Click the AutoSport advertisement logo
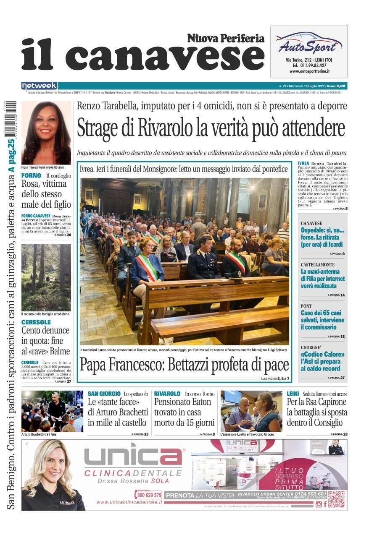(x=308, y=44)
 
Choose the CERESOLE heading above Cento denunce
(x=36, y=322)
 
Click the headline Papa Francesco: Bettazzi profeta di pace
(x=184, y=365)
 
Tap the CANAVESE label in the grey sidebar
(x=311, y=223)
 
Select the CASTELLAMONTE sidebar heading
(x=318, y=265)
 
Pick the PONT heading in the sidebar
(x=307, y=306)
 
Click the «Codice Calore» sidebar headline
(x=322, y=354)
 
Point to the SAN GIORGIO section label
(x=104, y=394)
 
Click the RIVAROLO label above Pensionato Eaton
(x=167, y=394)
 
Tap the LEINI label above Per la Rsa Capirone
(x=293, y=394)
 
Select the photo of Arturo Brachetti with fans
(x=53, y=411)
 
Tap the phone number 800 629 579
(x=148, y=495)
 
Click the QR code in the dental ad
(x=336, y=499)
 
